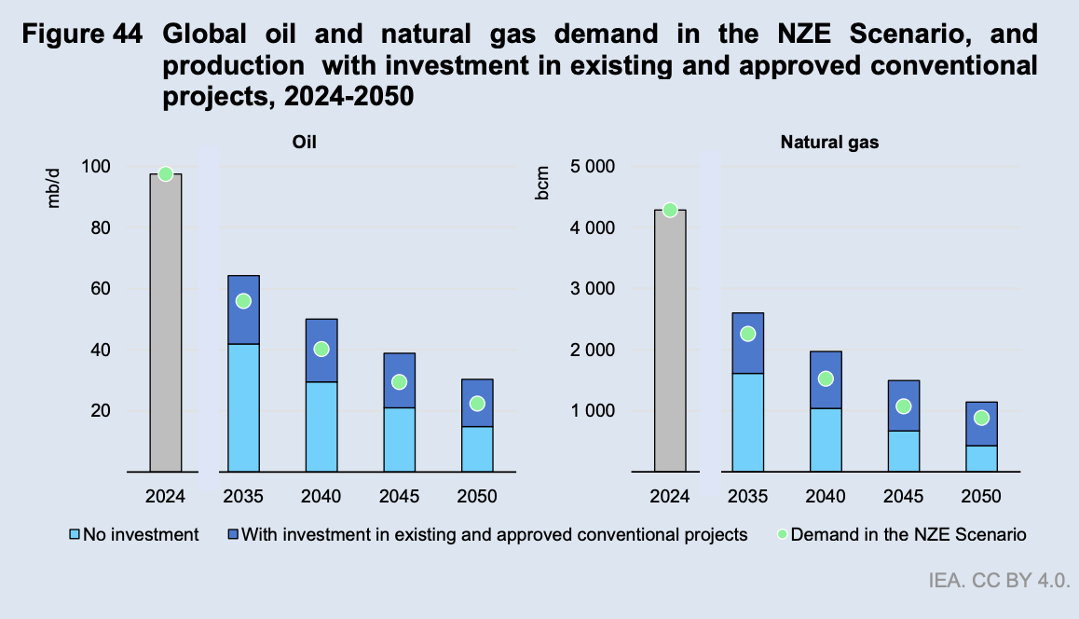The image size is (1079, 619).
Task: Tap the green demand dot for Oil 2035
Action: tap(243, 301)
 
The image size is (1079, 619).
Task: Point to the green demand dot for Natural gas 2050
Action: tap(981, 418)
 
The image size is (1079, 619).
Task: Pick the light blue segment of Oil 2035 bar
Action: tap(243, 407)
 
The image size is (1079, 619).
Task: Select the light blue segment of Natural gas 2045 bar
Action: tap(903, 450)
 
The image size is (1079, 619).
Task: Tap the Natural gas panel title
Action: tap(829, 143)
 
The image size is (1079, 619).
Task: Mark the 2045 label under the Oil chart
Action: tap(400, 496)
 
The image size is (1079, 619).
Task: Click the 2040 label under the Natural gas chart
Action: tap(825, 496)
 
